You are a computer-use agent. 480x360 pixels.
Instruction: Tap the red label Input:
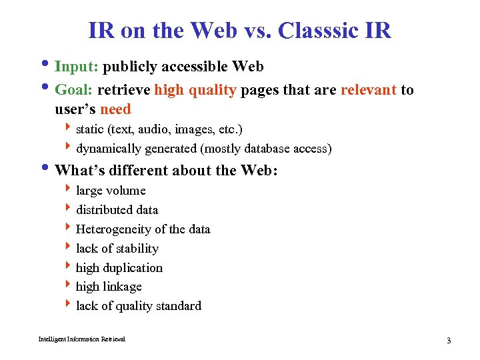pyautogui.click(x=77, y=67)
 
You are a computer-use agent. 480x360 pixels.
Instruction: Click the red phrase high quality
pyautogui.click(x=195, y=90)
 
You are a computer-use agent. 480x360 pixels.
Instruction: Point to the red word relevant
pyautogui.click(x=369, y=90)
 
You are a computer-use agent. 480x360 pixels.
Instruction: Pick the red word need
pyautogui.click(x=115, y=109)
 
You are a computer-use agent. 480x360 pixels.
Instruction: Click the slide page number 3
pyautogui.click(x=449, y=341)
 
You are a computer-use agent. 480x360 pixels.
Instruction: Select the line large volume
pyautogui.click(x=111, y=191)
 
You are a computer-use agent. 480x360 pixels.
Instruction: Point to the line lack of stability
pyautogui.click(x=117, y=249)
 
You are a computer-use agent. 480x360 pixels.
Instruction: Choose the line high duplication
pyautogui.click(x=119, y=268)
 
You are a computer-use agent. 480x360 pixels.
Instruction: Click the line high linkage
pyautogui.click(x=109, y=287)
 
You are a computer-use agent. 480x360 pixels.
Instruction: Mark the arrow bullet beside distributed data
pyautogui.click(x=69, y=209)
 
